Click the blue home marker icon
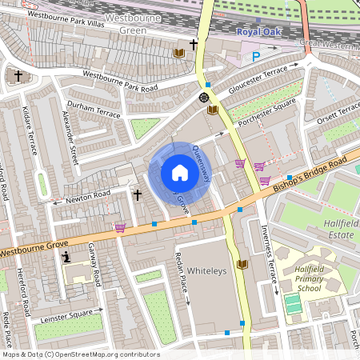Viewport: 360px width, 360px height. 179,173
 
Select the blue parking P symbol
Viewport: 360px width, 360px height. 256,56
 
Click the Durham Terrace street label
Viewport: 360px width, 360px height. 94,110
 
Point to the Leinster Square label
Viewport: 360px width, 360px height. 66,316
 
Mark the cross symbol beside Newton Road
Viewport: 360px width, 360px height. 137,194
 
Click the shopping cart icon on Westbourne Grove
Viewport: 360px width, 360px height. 120,227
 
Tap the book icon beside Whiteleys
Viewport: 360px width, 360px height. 242,264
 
